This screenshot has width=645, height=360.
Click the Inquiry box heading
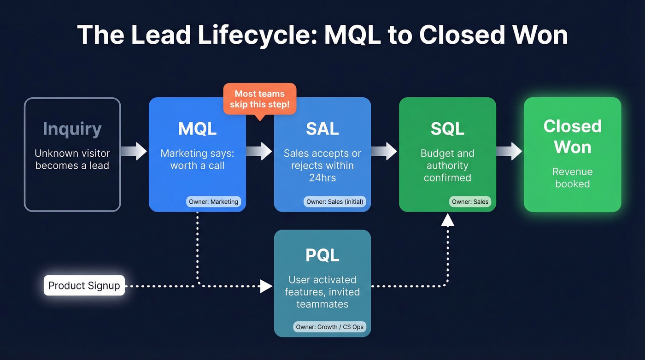72,129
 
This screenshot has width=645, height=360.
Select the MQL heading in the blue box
197,129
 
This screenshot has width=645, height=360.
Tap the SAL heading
322,129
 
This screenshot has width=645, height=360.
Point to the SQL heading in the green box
447,129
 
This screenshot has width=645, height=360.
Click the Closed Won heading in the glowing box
573,136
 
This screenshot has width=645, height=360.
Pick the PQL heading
322,255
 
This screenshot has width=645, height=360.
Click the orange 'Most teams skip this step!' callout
260,99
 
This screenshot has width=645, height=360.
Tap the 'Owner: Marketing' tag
213,201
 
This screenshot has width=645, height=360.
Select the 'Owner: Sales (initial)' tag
335,201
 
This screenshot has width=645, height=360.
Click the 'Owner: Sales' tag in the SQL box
470,201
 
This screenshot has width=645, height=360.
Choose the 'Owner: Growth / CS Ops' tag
330,327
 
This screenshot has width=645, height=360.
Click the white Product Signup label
84,285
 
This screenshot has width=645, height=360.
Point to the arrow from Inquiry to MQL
135,151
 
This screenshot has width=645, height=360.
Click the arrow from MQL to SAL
260,151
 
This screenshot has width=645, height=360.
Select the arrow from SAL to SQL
385,151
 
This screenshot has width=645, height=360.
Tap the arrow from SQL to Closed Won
510,151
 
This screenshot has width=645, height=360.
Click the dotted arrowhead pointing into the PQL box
266,286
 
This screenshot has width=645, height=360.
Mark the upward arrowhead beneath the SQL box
447,220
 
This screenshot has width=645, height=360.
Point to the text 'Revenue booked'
573,177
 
